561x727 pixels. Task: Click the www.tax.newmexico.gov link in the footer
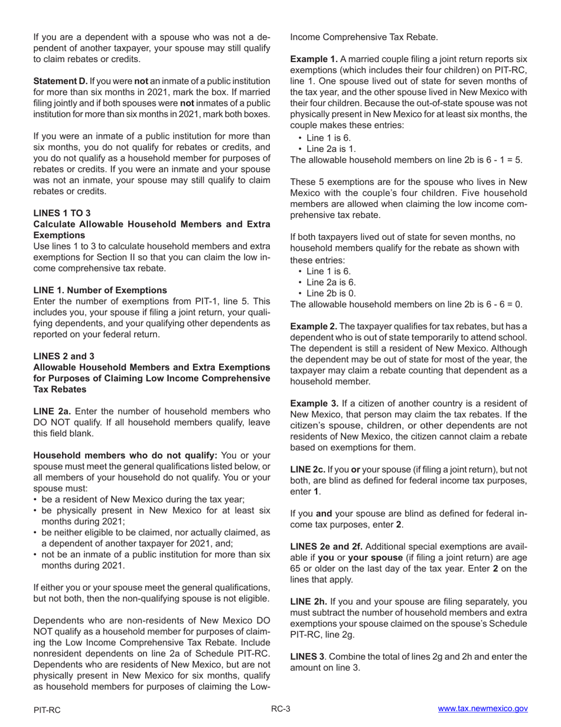coord(482,709)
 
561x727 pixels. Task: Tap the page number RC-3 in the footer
coord(280,709)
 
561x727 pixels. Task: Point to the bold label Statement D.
coord(61,81)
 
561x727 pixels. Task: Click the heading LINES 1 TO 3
coord(62,213)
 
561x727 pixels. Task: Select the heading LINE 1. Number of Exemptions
coord(100,290)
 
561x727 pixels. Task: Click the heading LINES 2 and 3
coord(64,356)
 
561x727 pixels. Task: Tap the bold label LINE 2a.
coord(53,411)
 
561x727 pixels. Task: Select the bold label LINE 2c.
coord(308,470)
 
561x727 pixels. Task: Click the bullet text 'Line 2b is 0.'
coord(331,293)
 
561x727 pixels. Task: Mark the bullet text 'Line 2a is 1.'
coord(331,149)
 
